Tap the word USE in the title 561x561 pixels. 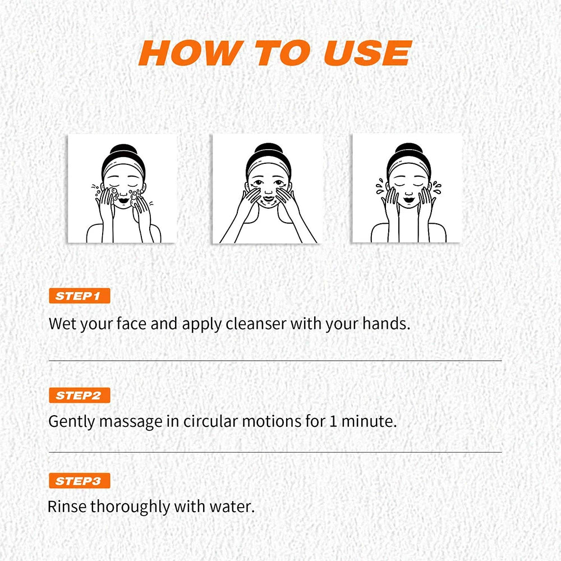(367, 53)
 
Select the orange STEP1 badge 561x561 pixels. (79, 296)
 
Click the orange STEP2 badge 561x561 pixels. (79, 395)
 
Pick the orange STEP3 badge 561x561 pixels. (79, 481)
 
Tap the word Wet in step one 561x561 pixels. (62, 324)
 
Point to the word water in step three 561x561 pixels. (234, 507)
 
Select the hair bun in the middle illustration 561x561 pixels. (267, 151)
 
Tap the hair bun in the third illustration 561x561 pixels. (408, 151)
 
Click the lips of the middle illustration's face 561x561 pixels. (268, 198)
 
